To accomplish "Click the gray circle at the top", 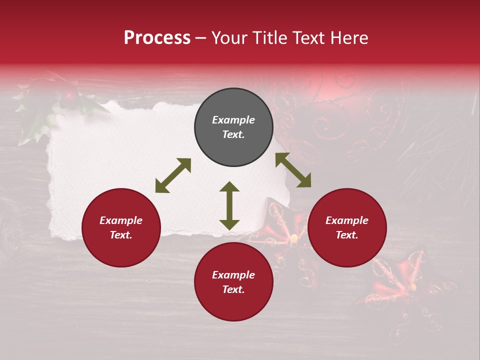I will point(233,127).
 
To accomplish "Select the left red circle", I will point(121,227).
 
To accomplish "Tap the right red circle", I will point(347,227).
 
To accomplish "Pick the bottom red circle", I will point(233,282).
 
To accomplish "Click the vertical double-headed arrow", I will point(229,205).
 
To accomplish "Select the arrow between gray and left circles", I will point(173,175).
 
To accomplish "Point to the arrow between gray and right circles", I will point(293,170).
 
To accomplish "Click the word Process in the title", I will point(157,38).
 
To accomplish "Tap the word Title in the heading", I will point(267,38).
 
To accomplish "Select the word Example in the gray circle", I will point(233,120).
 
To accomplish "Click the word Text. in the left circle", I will point(121,235).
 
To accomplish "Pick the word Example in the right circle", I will point(347,220).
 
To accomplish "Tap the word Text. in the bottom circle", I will point(233,289).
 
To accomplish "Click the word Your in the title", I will point(228,38).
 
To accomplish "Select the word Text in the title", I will point(310,38).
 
